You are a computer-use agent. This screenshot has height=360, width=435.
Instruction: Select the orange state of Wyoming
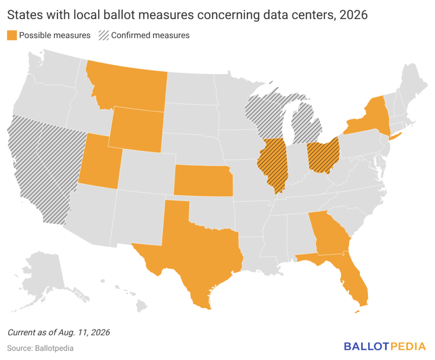click(136, 129)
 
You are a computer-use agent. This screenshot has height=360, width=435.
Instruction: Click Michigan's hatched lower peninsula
click(307, 125)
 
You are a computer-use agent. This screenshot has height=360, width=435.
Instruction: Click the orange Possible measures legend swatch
click(12, 36)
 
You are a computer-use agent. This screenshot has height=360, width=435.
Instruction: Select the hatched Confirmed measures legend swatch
click(104, 36)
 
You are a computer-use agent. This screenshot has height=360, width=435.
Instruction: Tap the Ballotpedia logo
click(385, 346)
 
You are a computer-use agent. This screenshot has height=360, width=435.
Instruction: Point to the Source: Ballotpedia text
click(40, 348)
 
